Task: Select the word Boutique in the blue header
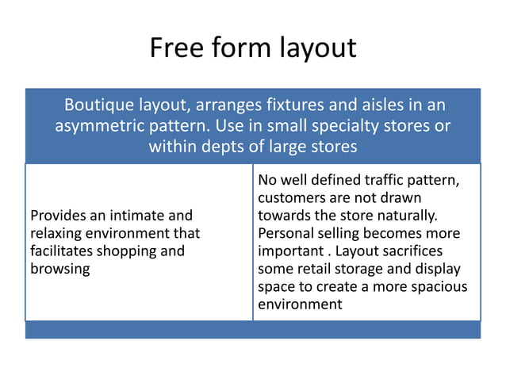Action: click(95, 105)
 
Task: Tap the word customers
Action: click(291, 198)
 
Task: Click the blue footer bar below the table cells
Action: click(252, 330)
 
